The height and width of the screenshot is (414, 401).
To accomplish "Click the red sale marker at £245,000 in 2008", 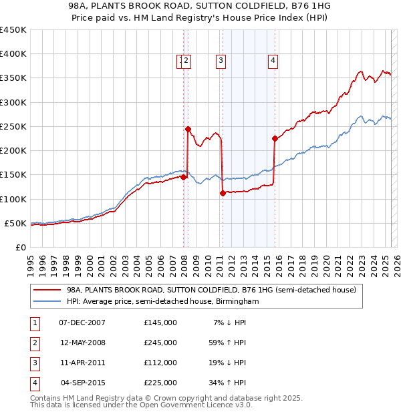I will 188,129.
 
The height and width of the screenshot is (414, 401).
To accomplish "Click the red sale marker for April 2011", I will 222,193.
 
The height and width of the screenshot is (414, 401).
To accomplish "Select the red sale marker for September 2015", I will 275,139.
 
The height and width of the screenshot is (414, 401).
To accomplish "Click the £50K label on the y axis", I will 15,223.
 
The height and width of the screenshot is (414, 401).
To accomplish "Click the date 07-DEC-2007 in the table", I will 82,323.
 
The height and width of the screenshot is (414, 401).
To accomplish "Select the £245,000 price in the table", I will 160,343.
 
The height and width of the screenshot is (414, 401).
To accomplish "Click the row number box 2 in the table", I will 34,343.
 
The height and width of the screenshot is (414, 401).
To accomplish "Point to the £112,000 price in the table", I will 160,363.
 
